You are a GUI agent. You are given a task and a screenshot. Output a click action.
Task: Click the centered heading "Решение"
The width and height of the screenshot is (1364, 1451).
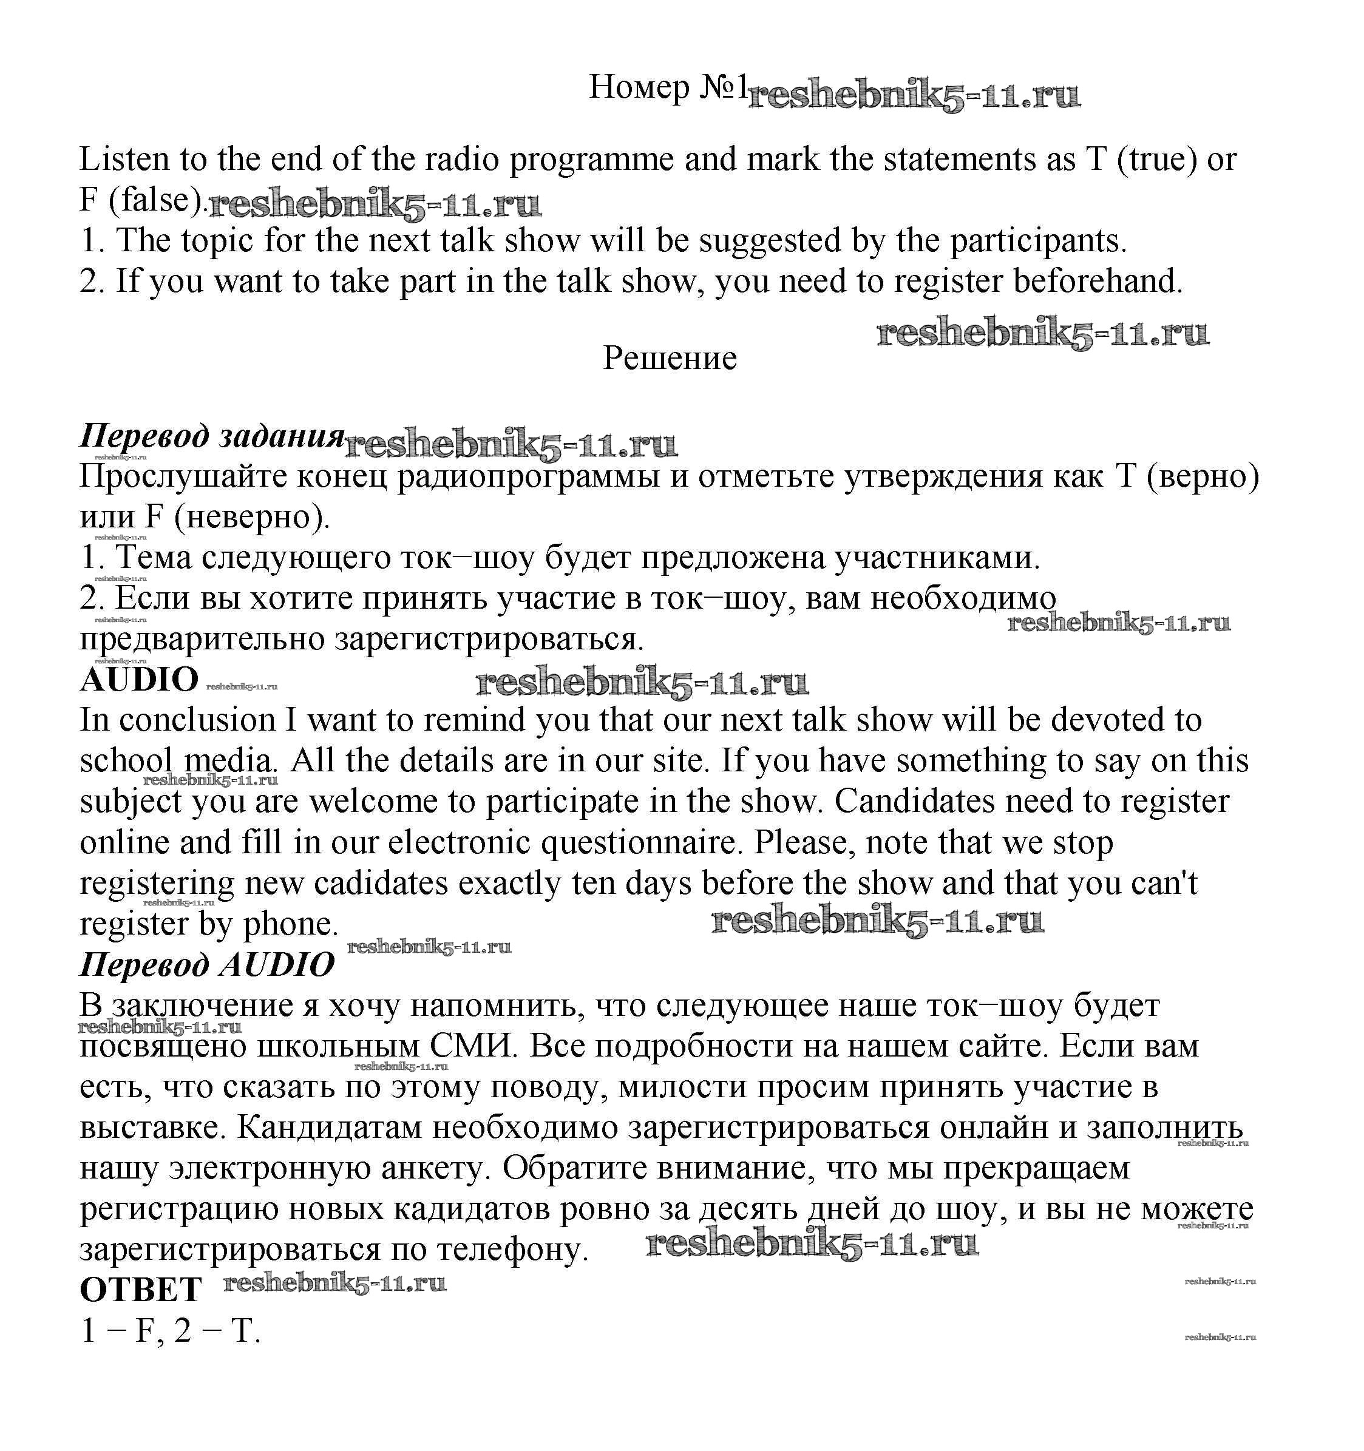tap(670, 357)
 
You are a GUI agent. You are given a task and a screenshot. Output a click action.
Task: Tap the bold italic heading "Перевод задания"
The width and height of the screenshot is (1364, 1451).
tap(212, 436)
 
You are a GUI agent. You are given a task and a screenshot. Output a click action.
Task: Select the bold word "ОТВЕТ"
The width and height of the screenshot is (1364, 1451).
tap(140, 1290)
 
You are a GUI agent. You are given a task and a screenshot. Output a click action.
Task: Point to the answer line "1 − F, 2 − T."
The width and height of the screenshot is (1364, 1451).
tap(170, 1331)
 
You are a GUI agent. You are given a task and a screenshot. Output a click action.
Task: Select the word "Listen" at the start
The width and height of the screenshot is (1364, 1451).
tap(123, 159)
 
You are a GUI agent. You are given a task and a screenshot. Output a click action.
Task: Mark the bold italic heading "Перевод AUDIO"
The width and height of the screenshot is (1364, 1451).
tap(206, 964)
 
